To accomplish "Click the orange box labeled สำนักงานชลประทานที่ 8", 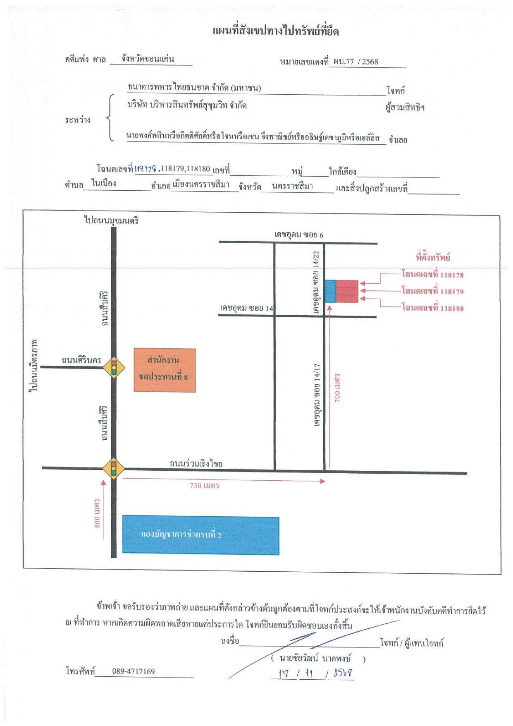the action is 165,370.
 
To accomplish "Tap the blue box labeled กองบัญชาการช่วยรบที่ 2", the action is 201,535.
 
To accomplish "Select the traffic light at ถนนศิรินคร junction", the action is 114,367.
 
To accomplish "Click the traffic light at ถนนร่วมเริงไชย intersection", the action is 114,468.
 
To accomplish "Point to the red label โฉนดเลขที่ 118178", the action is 432,274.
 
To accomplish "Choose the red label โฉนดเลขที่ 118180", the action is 432,308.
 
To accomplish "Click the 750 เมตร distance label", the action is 205,486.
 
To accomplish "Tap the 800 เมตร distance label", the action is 97,513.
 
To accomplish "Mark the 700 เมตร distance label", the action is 337,388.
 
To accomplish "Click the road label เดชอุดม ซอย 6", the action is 299,235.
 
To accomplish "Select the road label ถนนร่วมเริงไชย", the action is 196,463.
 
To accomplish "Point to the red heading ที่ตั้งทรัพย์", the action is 433,257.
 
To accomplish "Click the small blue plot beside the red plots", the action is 330,291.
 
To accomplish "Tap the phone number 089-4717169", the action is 134,671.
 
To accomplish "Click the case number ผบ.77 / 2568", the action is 356,62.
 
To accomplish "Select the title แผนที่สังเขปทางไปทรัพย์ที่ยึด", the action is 276,31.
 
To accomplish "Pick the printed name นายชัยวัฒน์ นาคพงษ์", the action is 315,658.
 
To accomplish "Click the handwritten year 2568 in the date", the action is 343,673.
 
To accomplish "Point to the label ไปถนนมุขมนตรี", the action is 111,220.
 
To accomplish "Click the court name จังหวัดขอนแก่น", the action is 148,59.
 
